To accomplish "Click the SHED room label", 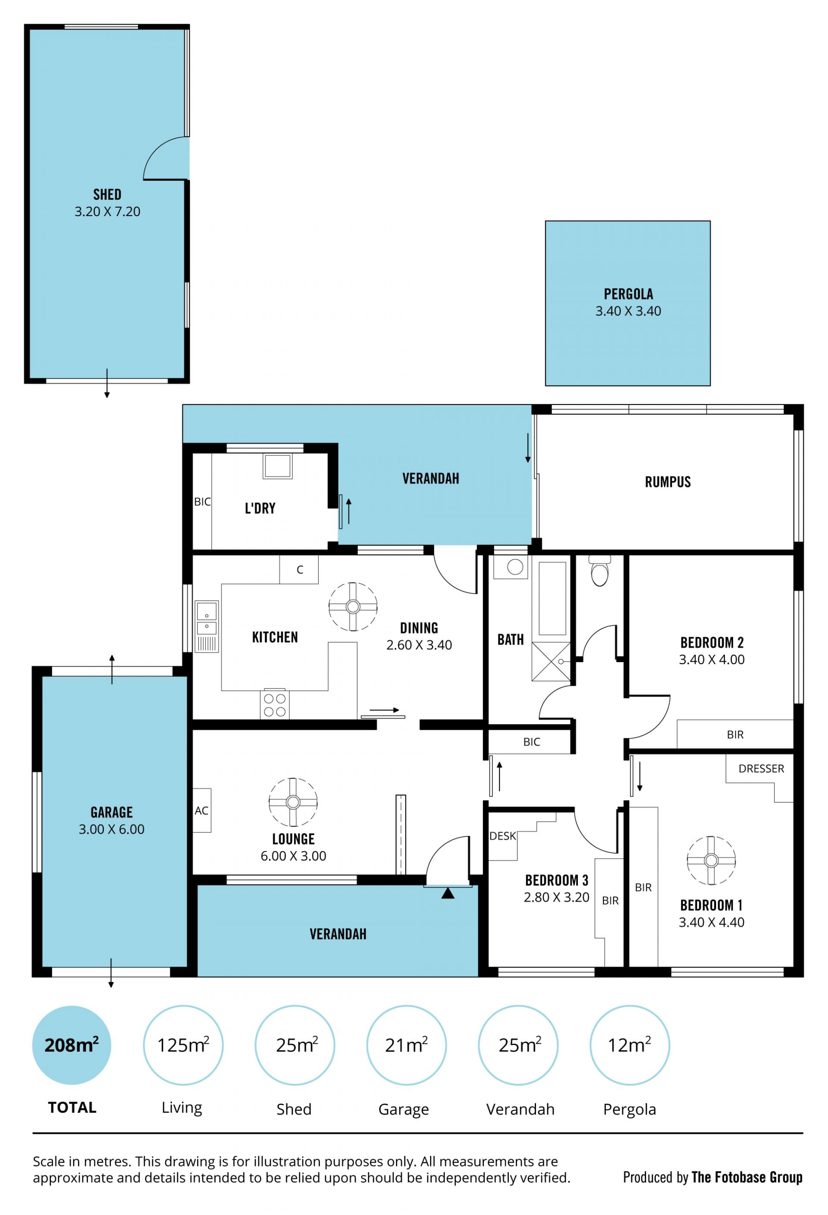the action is (107, 195).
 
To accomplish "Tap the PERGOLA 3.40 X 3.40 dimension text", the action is (628, 311).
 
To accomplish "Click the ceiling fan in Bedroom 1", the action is (711, 860).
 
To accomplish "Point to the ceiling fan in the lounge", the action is (293, 802).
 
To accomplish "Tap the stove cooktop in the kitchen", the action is (274, 705).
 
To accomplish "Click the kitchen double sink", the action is (207, 626).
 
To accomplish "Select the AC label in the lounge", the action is (201, 811).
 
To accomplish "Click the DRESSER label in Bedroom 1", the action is (761, 769).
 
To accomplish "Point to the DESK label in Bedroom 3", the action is (502, 836).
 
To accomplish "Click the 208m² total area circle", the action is (72, 1045).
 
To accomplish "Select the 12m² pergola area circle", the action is (629, 1045).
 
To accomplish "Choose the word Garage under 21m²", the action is (404, 1109).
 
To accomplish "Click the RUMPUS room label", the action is (668, 482).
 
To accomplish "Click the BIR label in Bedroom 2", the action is (735, 735).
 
